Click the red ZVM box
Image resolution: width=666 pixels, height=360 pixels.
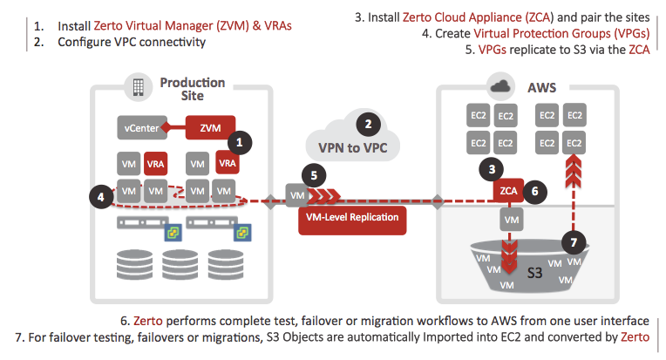pos(211,128)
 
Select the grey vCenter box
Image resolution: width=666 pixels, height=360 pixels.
pos(144,129)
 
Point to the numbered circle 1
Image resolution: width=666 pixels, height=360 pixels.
pos(238,140)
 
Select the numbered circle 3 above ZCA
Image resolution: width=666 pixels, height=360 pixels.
pos(493,168)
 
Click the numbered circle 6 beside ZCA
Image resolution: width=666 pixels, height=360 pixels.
pos(539,187)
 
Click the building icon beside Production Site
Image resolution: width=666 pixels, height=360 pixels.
pos(137,87)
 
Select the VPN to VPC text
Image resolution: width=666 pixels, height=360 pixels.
pos(352,146)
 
